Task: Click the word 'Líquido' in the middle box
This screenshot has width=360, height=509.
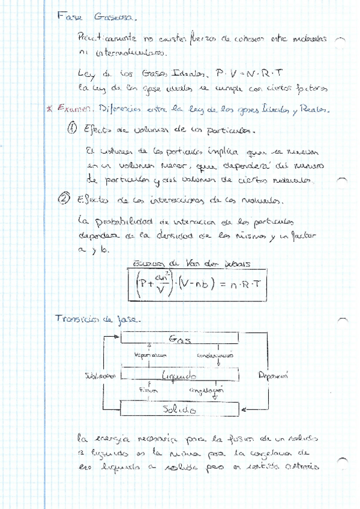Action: coord(179,376)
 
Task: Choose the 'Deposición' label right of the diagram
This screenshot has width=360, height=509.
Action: coord(274,376)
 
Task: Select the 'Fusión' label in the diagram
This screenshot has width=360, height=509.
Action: coord(148,391)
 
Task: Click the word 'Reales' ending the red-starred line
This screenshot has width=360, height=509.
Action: coord(314,110)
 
